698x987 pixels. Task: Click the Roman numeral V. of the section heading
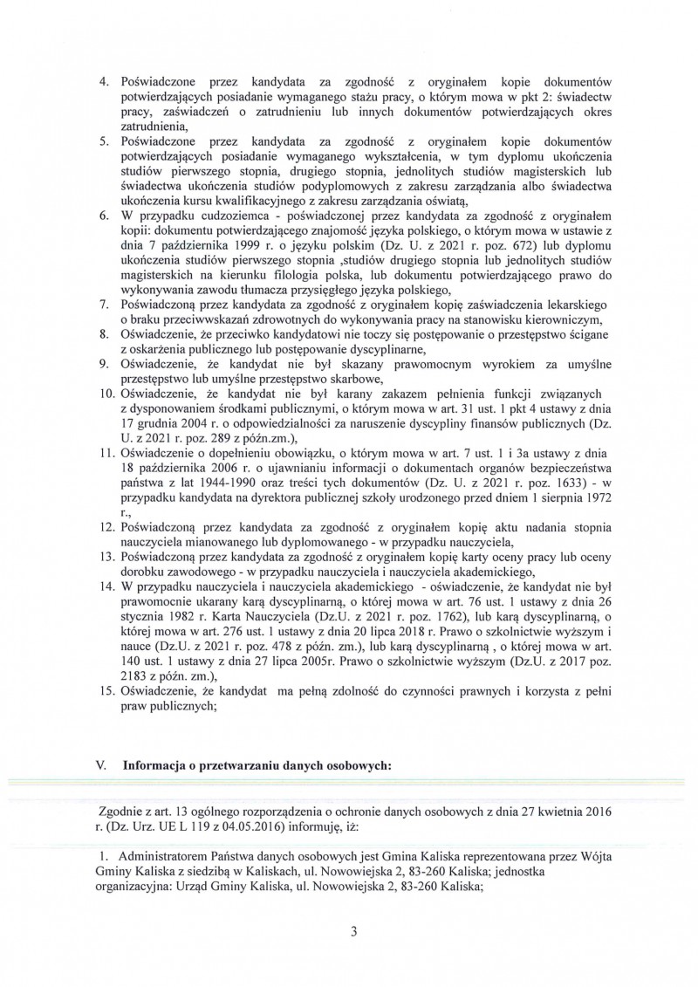pyautogui.click(x=100, y=764)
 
